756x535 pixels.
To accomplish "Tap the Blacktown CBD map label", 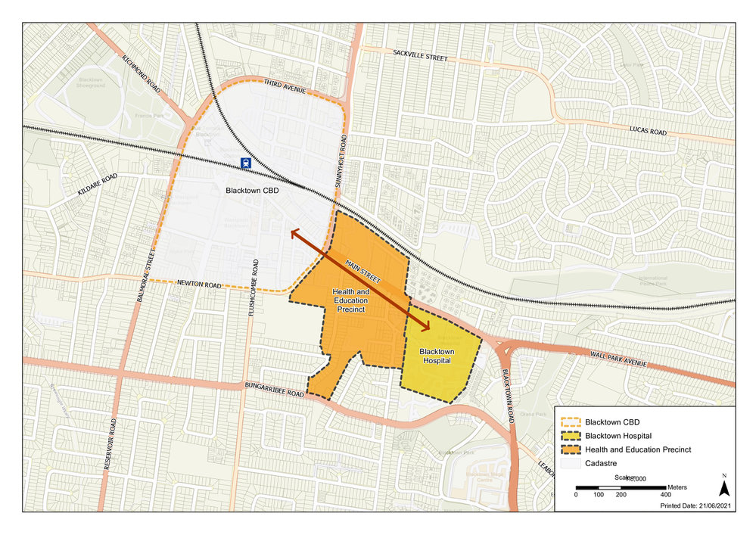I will pos(252,191).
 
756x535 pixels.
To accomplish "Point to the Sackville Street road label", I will pos(420,58).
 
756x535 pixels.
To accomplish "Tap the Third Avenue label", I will pos(284,86).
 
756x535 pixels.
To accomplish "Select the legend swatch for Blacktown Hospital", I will pos(574,435).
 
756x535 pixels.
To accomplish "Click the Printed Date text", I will pos(695,505).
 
